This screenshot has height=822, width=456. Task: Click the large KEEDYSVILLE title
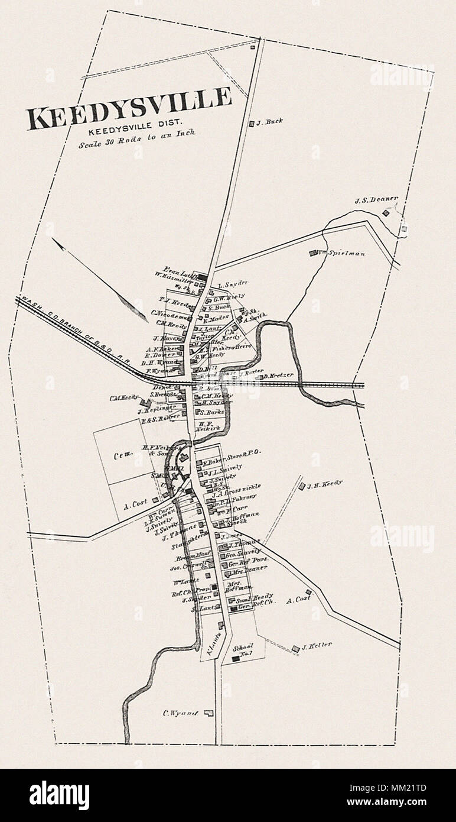pyautogui.click(x=129, y=108)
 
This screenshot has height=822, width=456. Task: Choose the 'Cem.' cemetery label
pyautogui.click(x=122, y=456)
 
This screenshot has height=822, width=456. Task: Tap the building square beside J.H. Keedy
pyautogui.click(x=301, y=486)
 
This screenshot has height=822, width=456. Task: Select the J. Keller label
pyautogui.click(x=317, y=645)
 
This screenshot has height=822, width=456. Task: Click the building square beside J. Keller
pyautogui.click(x=295, y=649)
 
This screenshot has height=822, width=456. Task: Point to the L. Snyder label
pyautogui.click(x=231, y=283)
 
